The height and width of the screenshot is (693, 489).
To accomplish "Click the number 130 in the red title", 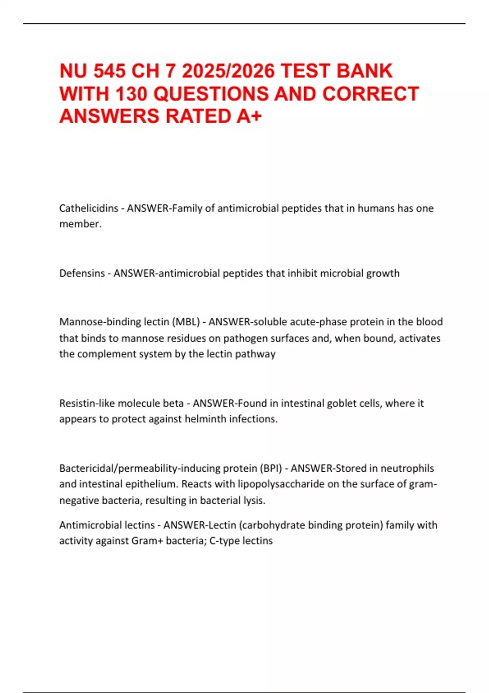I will pos(131,94).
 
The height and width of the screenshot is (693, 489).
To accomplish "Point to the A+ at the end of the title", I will pos(249,116).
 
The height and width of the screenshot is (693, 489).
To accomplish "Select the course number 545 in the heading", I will pos(110,71).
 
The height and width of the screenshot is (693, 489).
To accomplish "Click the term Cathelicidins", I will pos(88,208).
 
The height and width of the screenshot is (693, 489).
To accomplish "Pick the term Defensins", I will pos(82,273).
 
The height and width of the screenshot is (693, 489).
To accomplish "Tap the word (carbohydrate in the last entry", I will pos(271,525).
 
